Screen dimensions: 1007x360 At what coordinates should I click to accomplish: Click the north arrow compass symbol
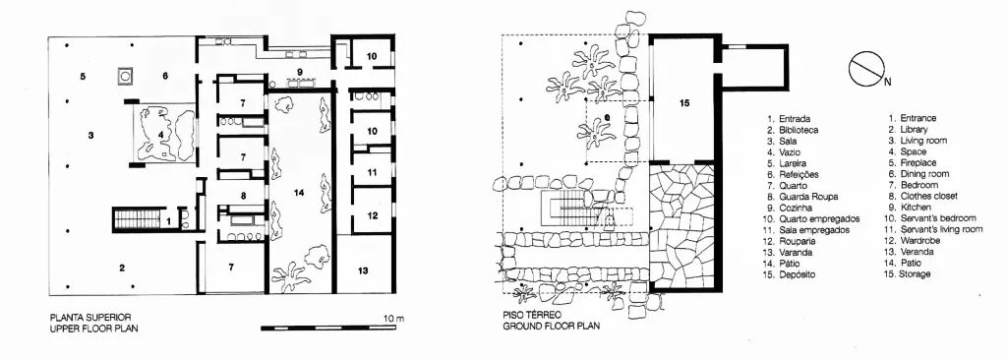pyautogui.click(x=867, y=70)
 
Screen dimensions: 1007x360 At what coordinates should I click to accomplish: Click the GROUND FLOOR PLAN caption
pyautogui.click(x=552, y=326)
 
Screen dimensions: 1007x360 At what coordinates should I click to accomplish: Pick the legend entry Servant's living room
pyautogui.click(x=935, y=229)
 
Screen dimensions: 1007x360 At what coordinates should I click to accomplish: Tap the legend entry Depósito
pyautogui.click(x=792, y=273)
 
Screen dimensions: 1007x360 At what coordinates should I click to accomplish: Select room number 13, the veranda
pyautogui.click(x=364, y=270)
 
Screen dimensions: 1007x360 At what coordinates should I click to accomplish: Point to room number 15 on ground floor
pyautogui.click(x=684, y=103)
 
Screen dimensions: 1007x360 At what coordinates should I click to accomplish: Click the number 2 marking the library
pyautogui.click(x=121, y=269)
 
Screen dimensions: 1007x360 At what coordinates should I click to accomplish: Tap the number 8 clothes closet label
pyautogui.click(x=243, y=196)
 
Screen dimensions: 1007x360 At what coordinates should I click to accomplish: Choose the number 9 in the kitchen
pyautogui.click(x=299, y=70)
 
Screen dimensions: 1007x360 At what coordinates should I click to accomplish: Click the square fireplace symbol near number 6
pyautogui.click(x=125, y=75)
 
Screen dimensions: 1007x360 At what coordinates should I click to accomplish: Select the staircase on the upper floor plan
pyautogui.click(x=136, y=218)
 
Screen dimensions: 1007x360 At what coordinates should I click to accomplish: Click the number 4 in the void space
pyautogui.click(x=160, y=135)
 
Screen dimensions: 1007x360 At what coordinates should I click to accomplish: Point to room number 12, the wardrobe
pyautogui.click(x=373, y=216)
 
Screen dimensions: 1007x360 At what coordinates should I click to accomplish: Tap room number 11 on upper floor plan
pyautogui.click(x=373, y=172)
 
